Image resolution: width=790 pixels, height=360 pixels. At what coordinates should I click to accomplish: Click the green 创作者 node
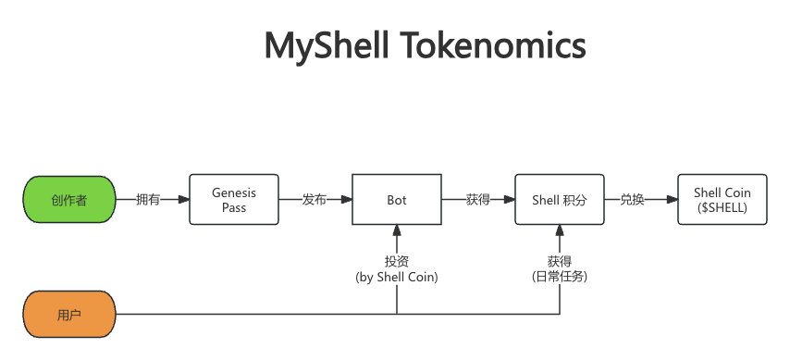[69, 200]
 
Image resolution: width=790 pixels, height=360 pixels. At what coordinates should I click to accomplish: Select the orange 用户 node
[69, 315]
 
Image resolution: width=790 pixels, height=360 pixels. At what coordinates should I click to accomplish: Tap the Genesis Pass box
[234, 200]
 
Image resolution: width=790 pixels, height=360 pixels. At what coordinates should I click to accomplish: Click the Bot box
[397, 200]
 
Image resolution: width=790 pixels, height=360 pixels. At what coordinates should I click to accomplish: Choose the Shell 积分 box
[560, 200]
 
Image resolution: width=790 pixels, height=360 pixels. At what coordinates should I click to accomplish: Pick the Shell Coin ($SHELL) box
[722, 200]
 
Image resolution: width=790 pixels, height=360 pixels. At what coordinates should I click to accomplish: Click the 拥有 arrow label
[148, 200]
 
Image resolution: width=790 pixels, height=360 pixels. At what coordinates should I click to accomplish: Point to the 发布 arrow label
[315, 200]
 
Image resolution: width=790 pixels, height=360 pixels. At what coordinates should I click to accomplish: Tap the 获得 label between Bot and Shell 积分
[478, 200]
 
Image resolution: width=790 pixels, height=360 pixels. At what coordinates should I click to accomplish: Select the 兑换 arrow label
[632, 200]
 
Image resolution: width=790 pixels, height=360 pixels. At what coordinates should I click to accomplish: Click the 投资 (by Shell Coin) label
[397, 268]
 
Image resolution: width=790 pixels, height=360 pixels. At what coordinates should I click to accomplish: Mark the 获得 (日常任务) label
[560, 268]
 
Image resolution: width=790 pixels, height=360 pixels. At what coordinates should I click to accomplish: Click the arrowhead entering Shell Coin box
[673, 200]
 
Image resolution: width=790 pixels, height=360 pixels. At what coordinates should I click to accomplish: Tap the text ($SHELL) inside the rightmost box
[722, 208]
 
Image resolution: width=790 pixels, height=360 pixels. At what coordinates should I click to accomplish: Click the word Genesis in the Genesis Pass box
[234, 192]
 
